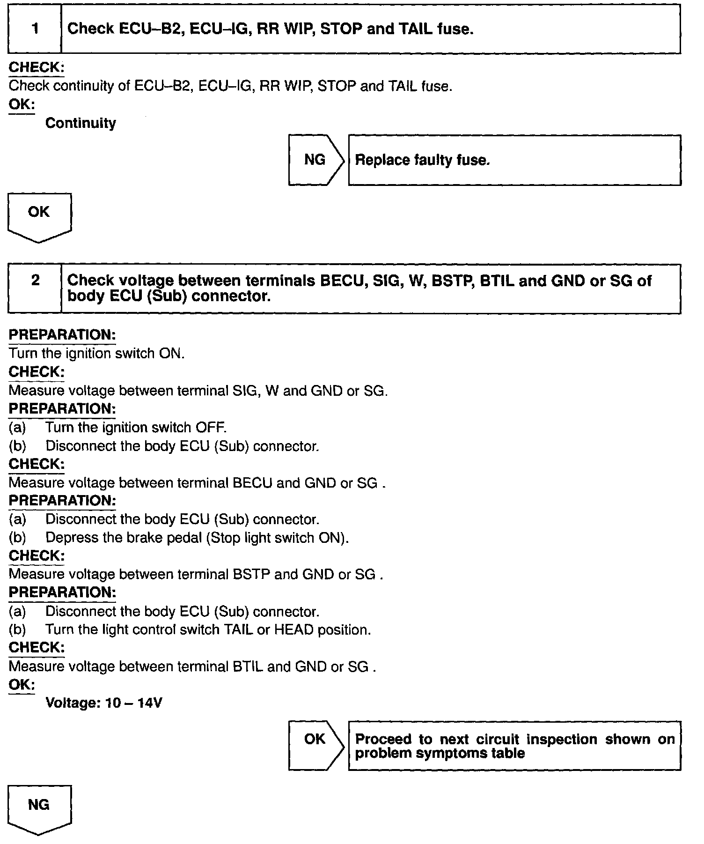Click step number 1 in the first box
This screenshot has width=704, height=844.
click(35, 29)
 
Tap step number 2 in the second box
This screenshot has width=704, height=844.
click(35, 281)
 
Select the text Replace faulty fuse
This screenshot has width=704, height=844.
click(423, 160)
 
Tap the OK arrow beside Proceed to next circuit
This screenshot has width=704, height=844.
click(315, 739)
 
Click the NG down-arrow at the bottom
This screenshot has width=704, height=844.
click(39, 806)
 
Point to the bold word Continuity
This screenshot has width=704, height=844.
click(81, 123)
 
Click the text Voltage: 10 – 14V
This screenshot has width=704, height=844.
click(104, 703)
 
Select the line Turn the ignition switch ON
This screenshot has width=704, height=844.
click(97, 353)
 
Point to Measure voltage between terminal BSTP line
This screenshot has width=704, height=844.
click(196, 574)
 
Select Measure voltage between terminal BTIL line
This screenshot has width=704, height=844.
click(192, 666)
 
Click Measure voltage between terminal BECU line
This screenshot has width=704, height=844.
click(197, 483)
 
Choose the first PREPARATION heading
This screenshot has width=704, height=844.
click(62, 335)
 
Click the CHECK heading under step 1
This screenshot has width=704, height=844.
click(37, 67)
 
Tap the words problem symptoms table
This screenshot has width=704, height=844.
click(440, 753)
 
